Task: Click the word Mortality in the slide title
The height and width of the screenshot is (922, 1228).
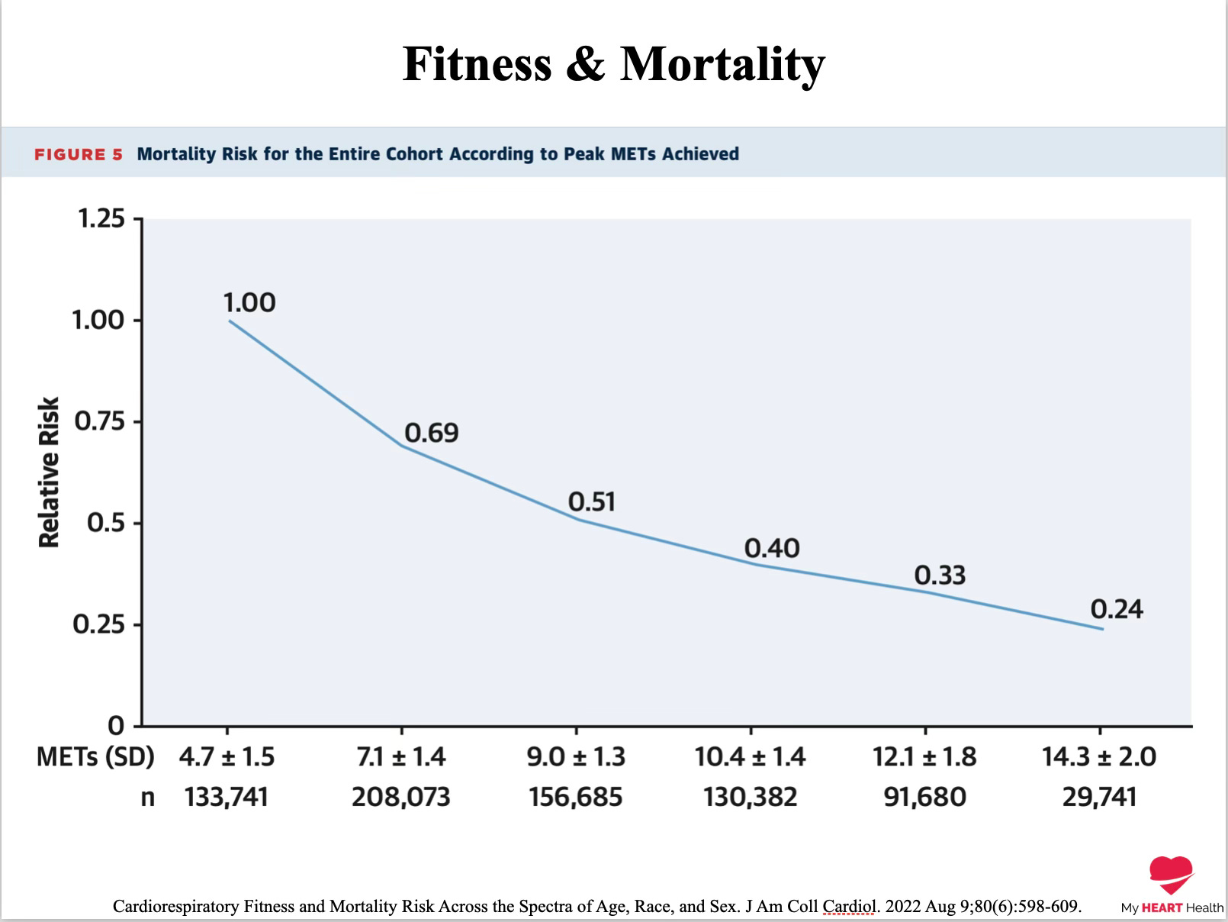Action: point(722,64)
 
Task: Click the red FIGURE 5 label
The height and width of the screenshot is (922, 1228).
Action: point(78,154)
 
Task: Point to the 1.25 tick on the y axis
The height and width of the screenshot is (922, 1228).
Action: point(101,219)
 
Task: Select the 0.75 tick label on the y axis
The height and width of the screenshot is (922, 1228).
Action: point(99,421)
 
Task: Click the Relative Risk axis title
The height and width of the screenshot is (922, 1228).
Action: point(49,472)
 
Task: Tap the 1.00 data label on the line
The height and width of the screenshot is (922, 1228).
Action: point(249,303)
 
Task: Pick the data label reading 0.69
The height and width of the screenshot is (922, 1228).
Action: point(431,434)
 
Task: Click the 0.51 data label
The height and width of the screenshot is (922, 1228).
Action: point(591,502)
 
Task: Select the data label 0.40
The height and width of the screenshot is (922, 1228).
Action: point(772,548)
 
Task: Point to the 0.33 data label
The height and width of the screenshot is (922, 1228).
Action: point(940,575)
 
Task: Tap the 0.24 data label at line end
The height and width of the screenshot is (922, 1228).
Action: point(1116,609)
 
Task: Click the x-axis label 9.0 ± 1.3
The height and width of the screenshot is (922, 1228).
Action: point(576,757)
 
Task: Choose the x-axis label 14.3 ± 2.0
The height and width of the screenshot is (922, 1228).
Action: point(1099,757)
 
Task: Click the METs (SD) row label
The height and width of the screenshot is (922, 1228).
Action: point(95,757)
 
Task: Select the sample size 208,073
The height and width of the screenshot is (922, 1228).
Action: point(400,798)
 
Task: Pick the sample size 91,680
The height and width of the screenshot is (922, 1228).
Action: point(924,798)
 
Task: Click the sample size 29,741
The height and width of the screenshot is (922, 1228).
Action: point(1099,798)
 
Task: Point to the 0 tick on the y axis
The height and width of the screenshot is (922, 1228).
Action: point(116,725)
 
